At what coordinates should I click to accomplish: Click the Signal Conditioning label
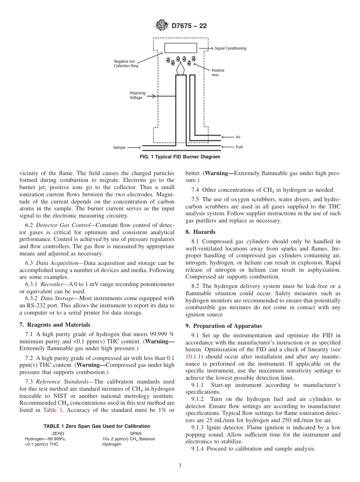click(230, 49)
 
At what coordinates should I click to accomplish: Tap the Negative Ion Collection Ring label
click(126, 64)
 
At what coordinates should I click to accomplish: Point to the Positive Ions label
click(218, 73)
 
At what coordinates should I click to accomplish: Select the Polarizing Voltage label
click(135, 95)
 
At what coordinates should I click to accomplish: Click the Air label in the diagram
click(238, 137)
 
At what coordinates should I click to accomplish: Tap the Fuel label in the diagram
click(239, 147)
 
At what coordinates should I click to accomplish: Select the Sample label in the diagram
click(119, 147)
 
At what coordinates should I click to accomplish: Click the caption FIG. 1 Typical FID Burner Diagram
click(180, 157)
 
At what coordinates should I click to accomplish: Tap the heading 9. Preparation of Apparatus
click(218, 326)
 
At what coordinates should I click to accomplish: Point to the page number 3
click(180, 466)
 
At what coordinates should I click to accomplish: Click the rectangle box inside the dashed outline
click(180, 48)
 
